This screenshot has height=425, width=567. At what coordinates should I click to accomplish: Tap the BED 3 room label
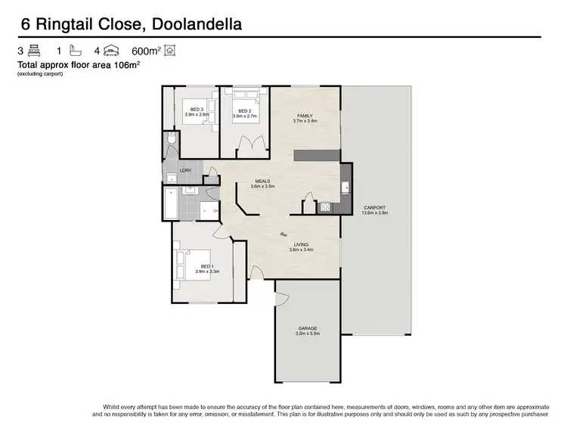[x=197, y=110]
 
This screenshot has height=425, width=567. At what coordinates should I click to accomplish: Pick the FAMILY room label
[x=305, y=116]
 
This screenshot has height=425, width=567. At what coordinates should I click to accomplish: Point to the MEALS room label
[x=262, y=181]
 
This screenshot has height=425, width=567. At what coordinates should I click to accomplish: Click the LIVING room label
[x=301, y=245]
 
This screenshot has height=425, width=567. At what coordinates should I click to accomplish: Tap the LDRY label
[x=186, y=171]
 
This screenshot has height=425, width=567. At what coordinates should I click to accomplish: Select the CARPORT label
[x=375, y=208]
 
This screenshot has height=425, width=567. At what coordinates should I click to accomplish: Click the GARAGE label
[x=308, y=328]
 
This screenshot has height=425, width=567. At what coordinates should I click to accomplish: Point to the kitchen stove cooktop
[x=326, y=206]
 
